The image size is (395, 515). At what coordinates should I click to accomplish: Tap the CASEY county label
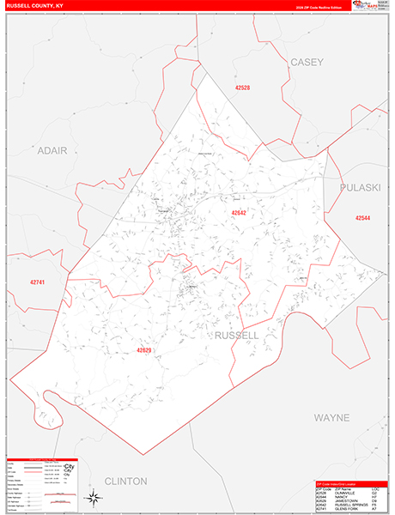pos(307,63)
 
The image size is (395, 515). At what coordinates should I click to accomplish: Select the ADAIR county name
pos(52,149)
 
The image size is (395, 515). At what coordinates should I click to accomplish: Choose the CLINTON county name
pos(125,481)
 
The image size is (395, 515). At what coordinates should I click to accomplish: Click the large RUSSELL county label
pos(237,334)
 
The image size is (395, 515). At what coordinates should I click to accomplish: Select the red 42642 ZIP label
pos(239,212)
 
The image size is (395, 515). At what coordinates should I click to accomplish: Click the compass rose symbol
pos(93,497)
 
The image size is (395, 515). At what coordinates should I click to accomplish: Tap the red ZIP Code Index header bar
pos(351,482)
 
